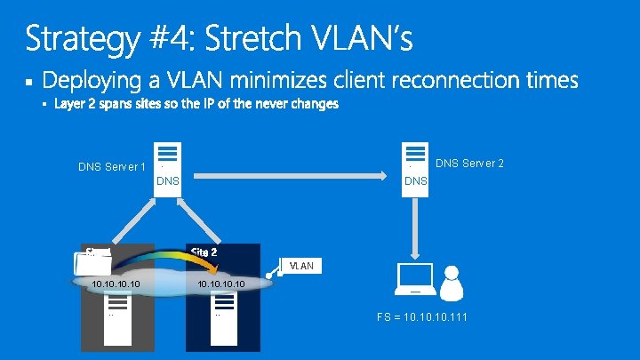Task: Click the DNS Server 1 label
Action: click(112, 166)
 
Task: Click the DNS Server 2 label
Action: click(469, 163)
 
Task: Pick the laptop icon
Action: click(414, 280)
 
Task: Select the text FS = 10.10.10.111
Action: click(422, 317)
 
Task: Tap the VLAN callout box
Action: click(301, 266)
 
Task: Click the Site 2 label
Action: click(204, 252)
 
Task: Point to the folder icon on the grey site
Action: click(94, 263)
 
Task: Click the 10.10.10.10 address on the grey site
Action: click(116, 284)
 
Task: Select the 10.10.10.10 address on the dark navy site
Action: click(222, 284)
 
